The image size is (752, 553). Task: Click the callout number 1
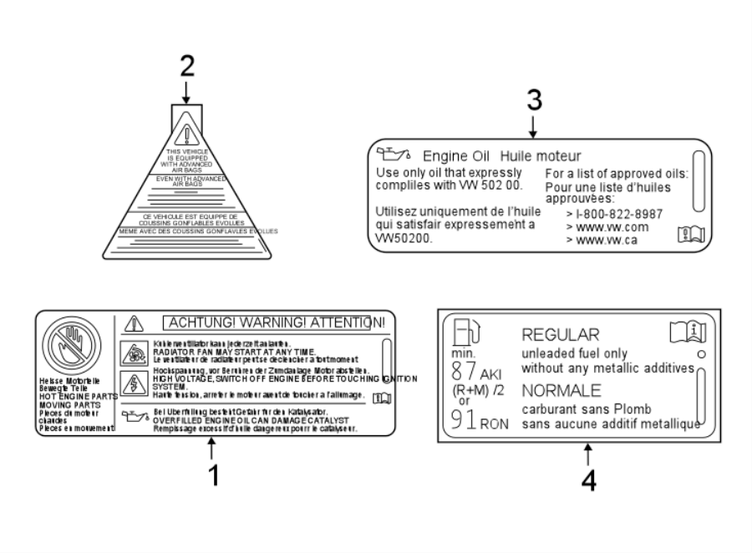(x=213, y=474)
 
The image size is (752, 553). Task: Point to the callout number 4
(x=589, y=480)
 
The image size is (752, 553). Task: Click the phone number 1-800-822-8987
(x=614, y=214)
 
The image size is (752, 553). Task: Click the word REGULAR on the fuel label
(x=561, y=335)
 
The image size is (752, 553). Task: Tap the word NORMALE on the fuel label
(x=561, y=390)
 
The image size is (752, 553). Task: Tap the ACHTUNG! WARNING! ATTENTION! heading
(x=273, y=322)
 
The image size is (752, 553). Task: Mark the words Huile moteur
(x=540, y=156)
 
